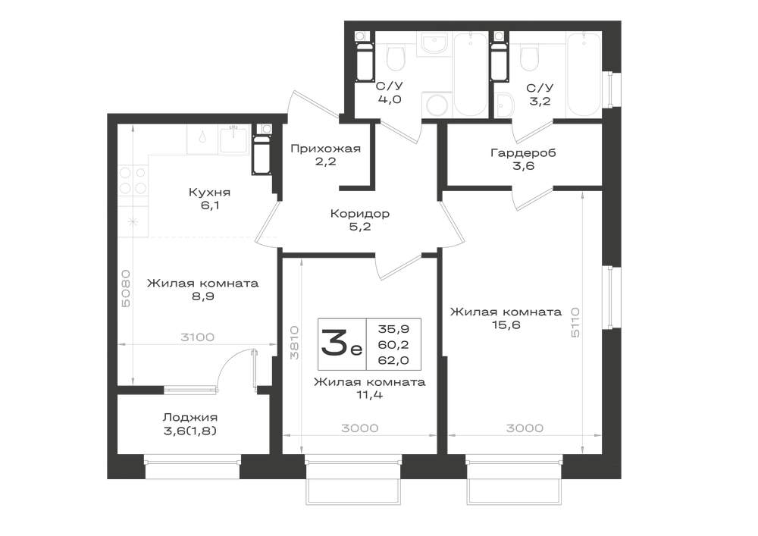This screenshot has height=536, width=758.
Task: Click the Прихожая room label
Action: coord(325,149)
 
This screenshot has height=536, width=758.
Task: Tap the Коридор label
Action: coord(359,213)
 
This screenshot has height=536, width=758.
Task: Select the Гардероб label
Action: coord(523,153)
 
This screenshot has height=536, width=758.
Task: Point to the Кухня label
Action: coord(209,193)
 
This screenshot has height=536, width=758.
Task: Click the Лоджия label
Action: coord(190,417)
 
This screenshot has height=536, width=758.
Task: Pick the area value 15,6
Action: coord(506,324)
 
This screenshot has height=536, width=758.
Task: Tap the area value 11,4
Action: coord(369,395)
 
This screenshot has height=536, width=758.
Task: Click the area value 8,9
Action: coord(203,296)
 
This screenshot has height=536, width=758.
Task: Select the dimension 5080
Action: coord(126,289)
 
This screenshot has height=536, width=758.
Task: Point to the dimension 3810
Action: coord(294,343)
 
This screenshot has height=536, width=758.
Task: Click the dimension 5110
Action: coord(575,322)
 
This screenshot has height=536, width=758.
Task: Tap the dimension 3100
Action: coord(197,337)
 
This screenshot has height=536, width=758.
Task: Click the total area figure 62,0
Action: coord(393,360)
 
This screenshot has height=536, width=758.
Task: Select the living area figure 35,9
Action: coord(393,329)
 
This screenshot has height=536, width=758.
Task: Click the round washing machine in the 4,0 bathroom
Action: coord(437,105)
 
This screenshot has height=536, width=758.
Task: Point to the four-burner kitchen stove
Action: coord(133,180)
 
